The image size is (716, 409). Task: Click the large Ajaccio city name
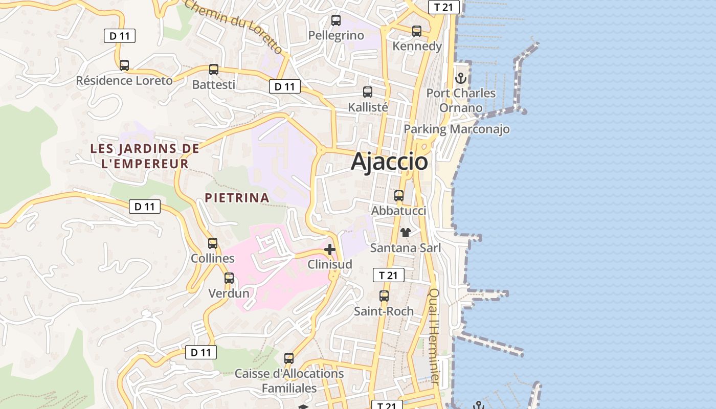coord(389,162)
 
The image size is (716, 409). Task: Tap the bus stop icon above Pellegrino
coord(336,20)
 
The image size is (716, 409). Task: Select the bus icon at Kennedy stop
coord(417,31)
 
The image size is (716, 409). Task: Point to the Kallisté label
coord(368,107)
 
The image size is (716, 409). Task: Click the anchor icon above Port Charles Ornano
coord(461,78)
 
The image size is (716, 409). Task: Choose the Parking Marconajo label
coord(457,129)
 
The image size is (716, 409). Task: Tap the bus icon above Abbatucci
coord(399,196)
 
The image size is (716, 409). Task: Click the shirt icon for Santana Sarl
coord(406,233)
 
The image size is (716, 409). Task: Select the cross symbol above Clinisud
coord(330,249)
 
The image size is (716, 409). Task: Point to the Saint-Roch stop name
coord(384,311)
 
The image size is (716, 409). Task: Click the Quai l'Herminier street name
coord(434,336)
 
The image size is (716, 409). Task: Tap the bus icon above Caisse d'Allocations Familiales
coord(289,358)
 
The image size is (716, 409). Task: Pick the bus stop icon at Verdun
coord(229,278)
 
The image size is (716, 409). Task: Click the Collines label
coord(213,259)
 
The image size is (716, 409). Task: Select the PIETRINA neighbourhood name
coord(237,198)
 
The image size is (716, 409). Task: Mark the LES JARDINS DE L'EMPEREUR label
coord(145,156)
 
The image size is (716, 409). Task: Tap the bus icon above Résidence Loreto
coord(124,65)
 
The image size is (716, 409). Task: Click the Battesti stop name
coord(214,85)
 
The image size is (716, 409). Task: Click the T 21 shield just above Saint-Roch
coord(389,275)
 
